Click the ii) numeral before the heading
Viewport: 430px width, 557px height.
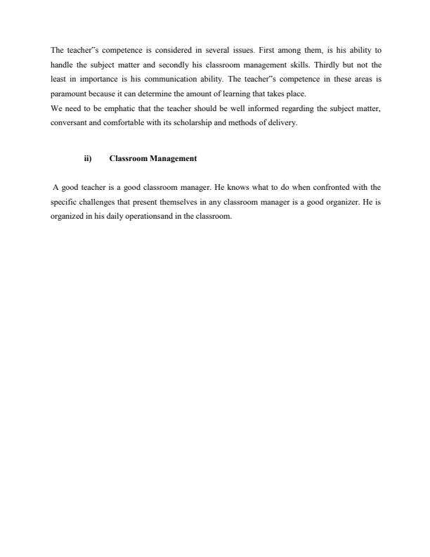point(88,159)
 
